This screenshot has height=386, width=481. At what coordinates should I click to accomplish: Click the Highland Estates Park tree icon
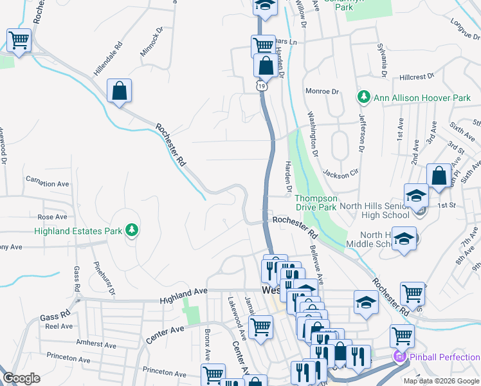[131, 230]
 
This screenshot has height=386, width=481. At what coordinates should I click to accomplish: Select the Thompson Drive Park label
[316, 203]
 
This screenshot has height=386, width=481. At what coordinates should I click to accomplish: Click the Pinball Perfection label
[445, 356]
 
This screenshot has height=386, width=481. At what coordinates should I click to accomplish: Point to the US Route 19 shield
[261, 84]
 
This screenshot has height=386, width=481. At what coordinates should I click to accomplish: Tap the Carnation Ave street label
[47, 183]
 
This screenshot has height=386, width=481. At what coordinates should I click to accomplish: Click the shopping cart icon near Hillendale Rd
[19, 41]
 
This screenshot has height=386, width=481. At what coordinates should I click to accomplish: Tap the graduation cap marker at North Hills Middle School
[403, 239]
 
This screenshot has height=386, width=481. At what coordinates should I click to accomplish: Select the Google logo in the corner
[21, 378]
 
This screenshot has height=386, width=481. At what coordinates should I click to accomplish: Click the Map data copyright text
[441, 381]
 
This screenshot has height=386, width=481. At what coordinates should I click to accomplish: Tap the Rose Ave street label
[53, 217]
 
